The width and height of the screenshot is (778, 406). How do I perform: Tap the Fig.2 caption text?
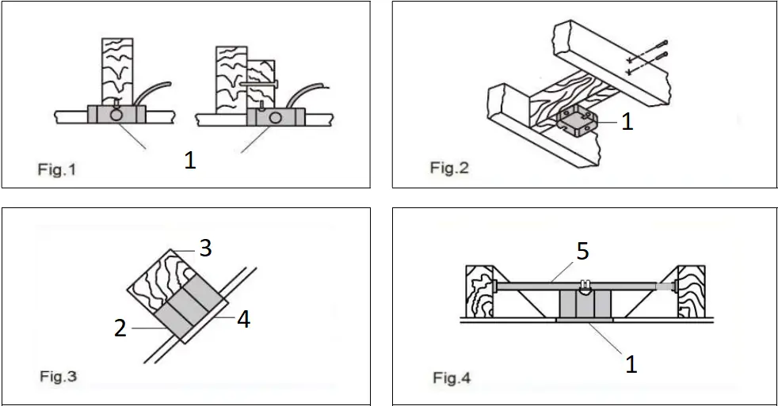click(x=449, y=168)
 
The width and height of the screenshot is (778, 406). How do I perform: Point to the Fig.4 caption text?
click(x=451, y=378)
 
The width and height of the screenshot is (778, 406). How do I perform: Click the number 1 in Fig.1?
click(x=189, y=161)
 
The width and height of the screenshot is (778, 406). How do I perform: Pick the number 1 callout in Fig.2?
click(x=627, y=122)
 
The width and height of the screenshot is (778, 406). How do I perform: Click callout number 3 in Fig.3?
click(x=204, y=249)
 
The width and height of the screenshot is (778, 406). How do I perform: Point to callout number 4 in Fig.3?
click(x=243, y=321)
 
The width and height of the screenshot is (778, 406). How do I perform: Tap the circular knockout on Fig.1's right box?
click(x=278, y=118)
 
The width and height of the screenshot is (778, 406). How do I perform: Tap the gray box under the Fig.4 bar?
click(x=587, y=303)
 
